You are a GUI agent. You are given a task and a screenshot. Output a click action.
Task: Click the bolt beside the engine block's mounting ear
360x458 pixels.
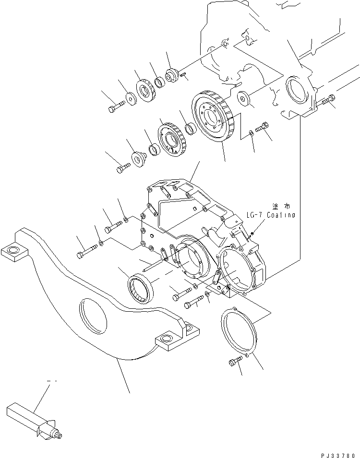click(x=326, y=101)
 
